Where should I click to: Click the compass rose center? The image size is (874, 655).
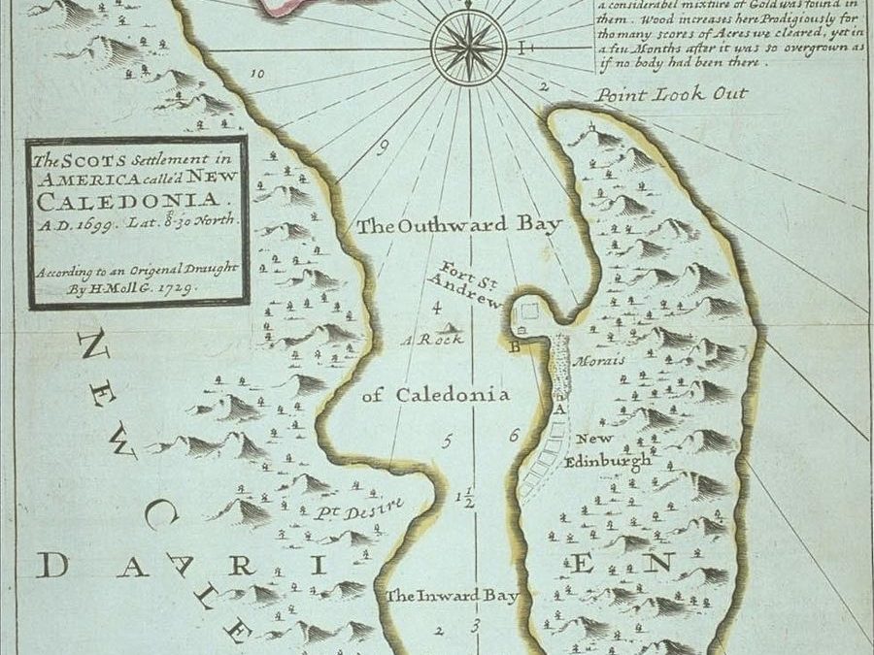coord(469,46)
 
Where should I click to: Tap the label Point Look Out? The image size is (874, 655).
coord(672,94)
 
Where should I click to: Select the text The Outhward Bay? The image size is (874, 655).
coord(459,226)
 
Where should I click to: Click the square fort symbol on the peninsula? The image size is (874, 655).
coord(530,311)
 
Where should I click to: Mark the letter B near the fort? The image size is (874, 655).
coord(516,344)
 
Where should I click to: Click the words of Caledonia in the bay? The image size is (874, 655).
coord(435,395)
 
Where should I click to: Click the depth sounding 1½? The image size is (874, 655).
coord(465,500)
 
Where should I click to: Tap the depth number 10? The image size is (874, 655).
coord(257,74)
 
